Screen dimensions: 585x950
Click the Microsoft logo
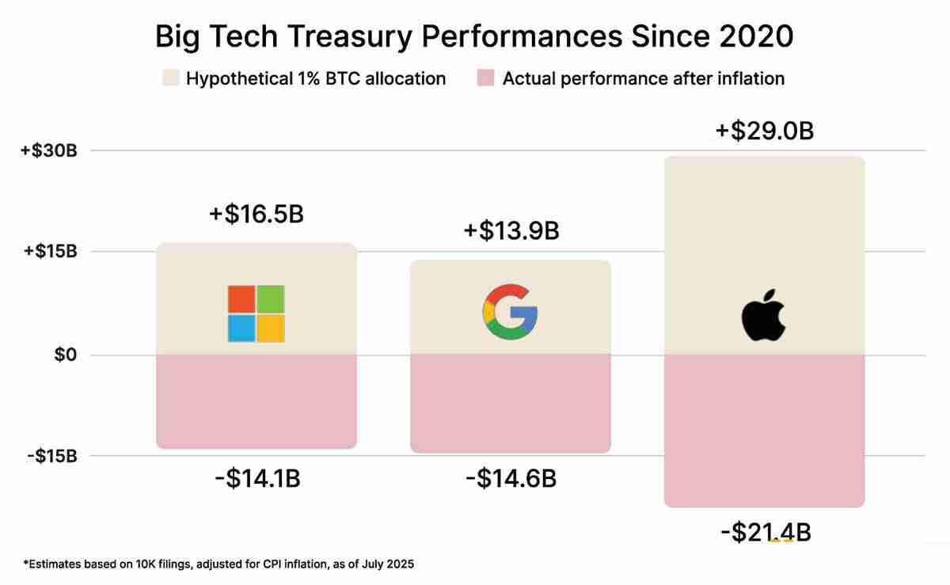tap(256, 313)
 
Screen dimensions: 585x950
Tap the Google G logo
tap(510, 312)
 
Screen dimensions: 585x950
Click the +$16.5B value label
tap(256, 215)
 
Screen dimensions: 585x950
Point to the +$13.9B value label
tap(511, 231)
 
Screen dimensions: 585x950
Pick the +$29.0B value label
tap(764, 131)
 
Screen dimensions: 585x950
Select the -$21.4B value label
tap(765, 532)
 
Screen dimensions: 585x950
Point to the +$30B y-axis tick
tap(49, 150)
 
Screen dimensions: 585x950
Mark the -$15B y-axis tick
tap(51, 457)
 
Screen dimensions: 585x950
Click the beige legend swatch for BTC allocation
tap(171, 78)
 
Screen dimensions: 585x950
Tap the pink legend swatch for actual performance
tap(487, 78)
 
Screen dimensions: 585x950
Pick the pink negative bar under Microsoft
tap(256, 401)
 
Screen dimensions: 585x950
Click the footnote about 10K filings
tap(218, 564)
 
